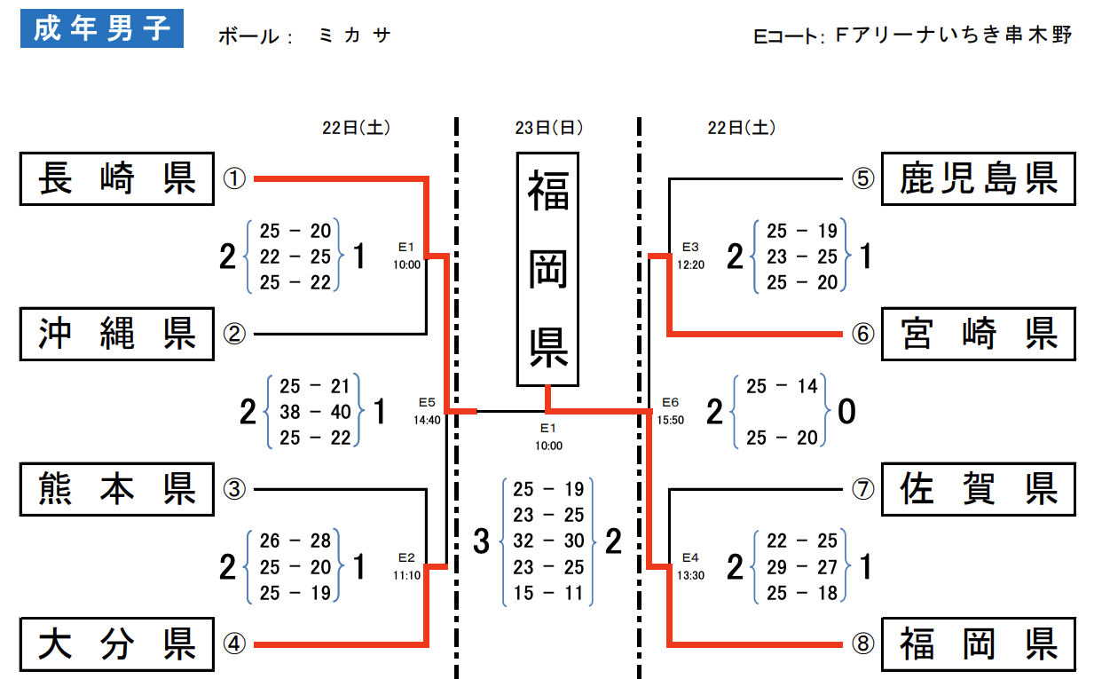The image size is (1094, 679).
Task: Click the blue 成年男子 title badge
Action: click(x=101, y=28)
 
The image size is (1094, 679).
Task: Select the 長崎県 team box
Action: click(x=117, y=178)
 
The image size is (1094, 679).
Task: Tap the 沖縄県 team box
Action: click(x=117, y=334)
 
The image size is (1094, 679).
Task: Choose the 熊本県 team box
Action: click(x=117, y=489)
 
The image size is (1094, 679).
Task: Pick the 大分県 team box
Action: click(x=117, y=644)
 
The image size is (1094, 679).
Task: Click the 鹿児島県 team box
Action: click(x=979, y=178)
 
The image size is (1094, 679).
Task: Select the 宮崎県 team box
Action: click(x=979, y=334)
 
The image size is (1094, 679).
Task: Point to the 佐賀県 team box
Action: click(x=979, y=489)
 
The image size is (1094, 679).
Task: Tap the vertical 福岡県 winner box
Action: click(x=548, y=269)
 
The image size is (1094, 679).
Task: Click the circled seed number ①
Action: click(x=234, y=178)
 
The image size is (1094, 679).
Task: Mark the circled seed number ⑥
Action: click(x=863, y=334)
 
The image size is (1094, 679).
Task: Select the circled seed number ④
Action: click(x=234, y=643)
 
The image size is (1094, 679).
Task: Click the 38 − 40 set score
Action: click(x=315, y=412)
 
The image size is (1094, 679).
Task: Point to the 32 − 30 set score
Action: click(x=548, y=541)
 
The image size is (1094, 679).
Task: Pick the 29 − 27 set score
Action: click(x=802, y=567)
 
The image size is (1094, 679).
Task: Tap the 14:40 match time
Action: click(x=427, y=420)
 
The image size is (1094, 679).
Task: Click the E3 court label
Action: click(x=690, y=247)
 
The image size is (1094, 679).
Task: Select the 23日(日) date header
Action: click(x=549, y=128)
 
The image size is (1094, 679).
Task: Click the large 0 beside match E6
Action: click(x=846, y=411)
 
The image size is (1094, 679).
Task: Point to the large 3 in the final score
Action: click(x=482, y=541)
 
